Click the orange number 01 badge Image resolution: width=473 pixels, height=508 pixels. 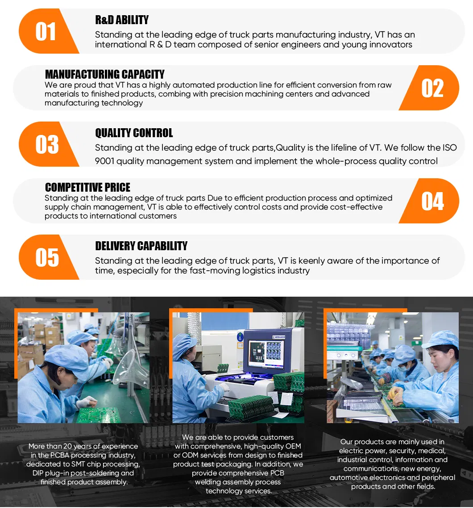pos(46,32)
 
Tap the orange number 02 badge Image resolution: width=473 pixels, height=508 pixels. pos(432,88)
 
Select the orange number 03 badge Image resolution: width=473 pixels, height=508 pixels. pos(46,145)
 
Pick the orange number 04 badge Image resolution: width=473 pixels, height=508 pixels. pos(432,201)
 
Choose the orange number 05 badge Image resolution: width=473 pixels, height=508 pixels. pos(46,258)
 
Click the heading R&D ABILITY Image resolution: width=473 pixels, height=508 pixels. pos(122,20)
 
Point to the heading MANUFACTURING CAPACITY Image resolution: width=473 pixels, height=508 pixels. pos(104,74)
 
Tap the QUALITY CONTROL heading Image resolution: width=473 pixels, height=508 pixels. pos(134,133)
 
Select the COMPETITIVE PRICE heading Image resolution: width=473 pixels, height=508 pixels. pos(87,187)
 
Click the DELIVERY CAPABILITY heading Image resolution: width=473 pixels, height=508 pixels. pos(141,246)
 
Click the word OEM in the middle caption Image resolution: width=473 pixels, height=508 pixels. pos(292,446)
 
